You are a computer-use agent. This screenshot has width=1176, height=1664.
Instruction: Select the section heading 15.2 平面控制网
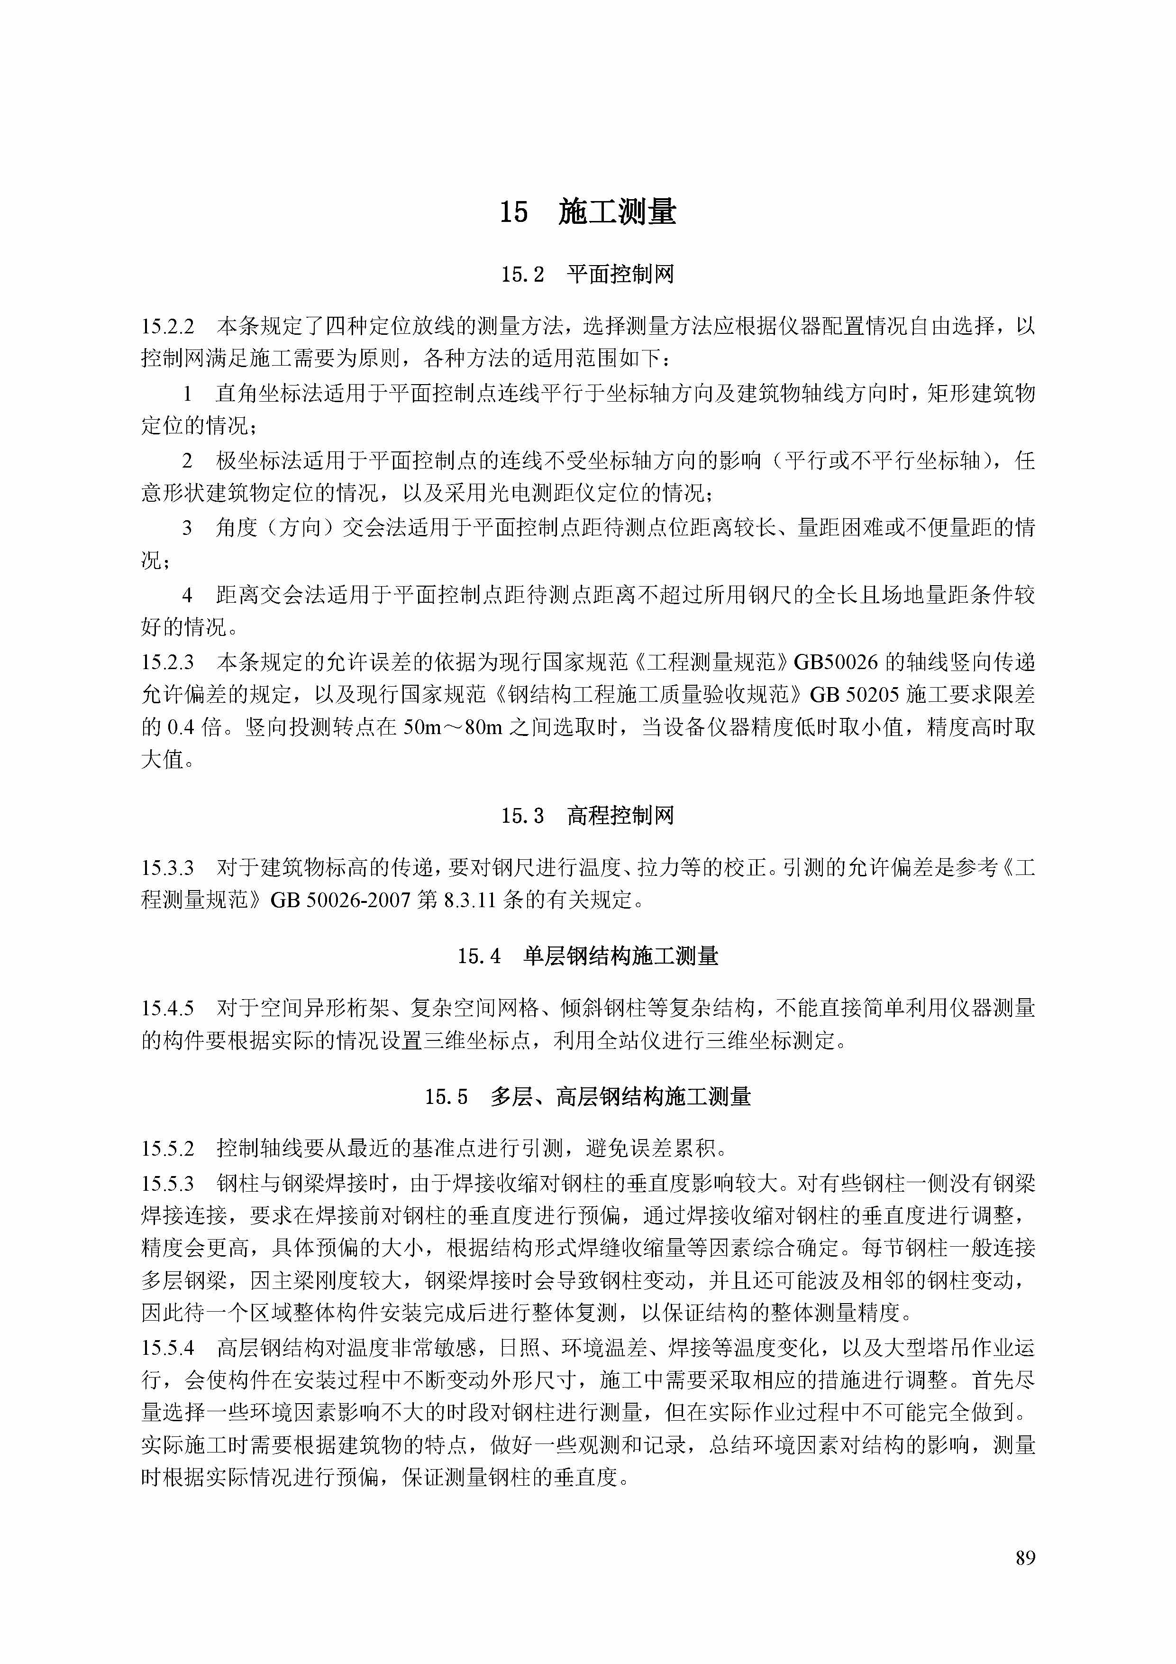(588, 275)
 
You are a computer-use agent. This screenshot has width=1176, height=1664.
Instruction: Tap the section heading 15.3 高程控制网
(588, 816)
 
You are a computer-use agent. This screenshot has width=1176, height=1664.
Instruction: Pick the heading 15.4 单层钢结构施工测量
(588, 956)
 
